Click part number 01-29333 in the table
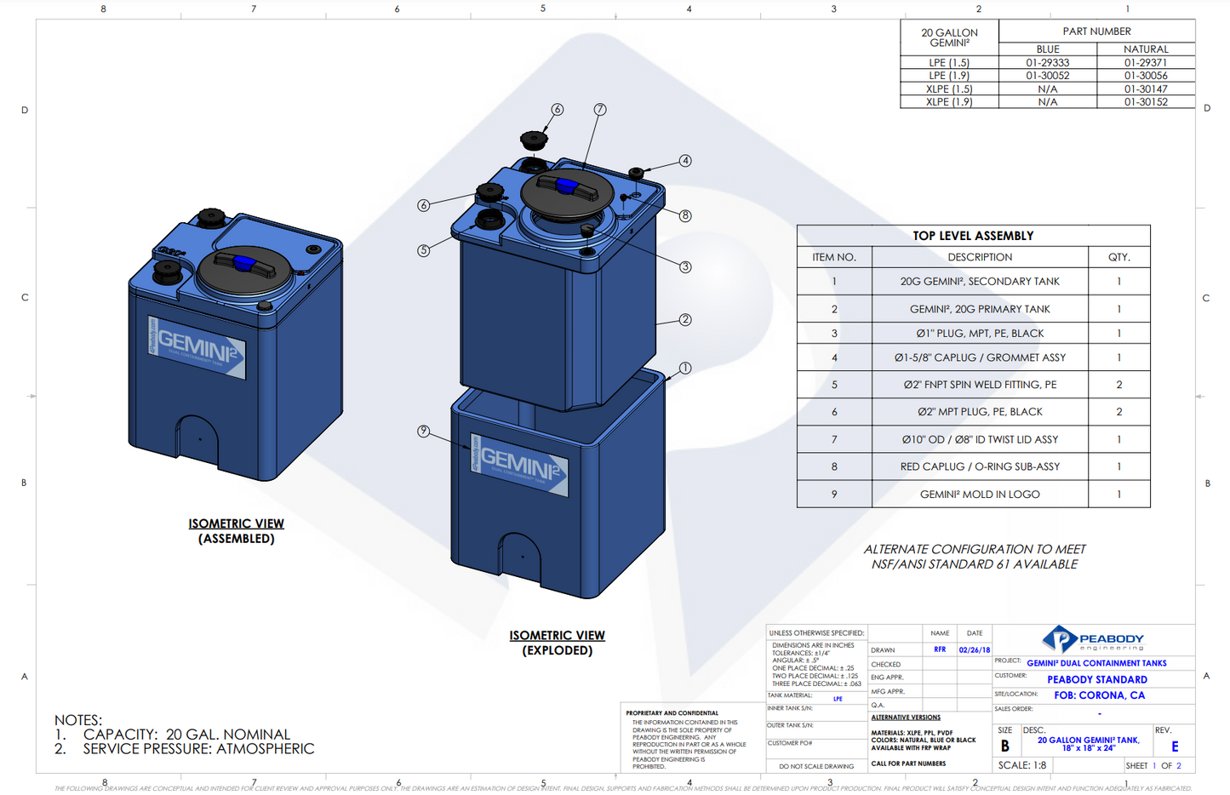tap(1047, 62)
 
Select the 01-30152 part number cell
tap(1145, 102)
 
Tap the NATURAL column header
tap(1145, 49)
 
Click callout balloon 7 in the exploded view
tap(600, 109)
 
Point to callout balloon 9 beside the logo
tap(423, 432)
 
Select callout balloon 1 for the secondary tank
tap(685, 369)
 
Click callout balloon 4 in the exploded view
tap(685, 161)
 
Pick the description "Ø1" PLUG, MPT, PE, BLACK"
tap(980, 334)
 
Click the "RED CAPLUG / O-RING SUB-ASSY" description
tap(980, 466)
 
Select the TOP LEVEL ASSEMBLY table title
tap(973, 236)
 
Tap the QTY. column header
tap(1118, 257)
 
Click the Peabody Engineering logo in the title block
tap(1093, 639)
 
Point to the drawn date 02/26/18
tap(974, 649)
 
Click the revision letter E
tap(1175, 746)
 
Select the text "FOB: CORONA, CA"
tap(1099, 695)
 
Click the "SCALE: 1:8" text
tap(1022, 765)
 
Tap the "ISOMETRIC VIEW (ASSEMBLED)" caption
tap(237, 531)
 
